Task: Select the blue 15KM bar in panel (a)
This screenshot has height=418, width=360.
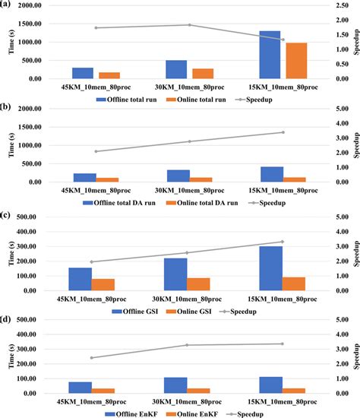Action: pos(270,55)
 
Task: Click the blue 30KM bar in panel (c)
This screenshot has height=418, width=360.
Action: pos(175,274)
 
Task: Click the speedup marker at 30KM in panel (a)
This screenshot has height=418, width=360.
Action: pos(188,25)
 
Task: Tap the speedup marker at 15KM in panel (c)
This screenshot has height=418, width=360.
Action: pos(283,242)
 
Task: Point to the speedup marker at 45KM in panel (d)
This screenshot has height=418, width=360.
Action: pos(92,358)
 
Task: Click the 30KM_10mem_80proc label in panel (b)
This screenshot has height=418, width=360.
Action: pos(188,190)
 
